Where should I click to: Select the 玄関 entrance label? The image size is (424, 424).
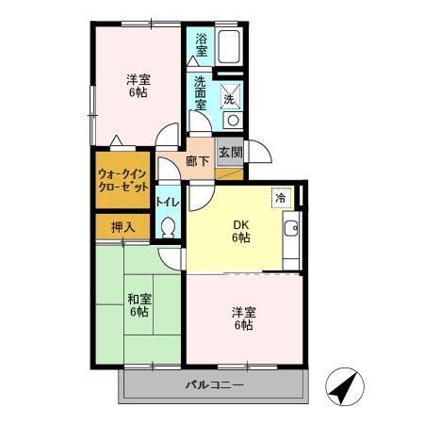tap(229, 152)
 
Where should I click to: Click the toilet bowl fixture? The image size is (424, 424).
tap(169, 227)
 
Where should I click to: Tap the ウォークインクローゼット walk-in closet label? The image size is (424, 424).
tap(122, 181)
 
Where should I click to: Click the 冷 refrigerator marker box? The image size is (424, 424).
tap(281, 198)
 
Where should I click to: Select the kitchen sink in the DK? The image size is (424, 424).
tap(291, 227)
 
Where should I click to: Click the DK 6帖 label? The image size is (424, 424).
tap(241, 231)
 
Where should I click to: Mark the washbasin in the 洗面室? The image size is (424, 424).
tap(232, 121)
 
